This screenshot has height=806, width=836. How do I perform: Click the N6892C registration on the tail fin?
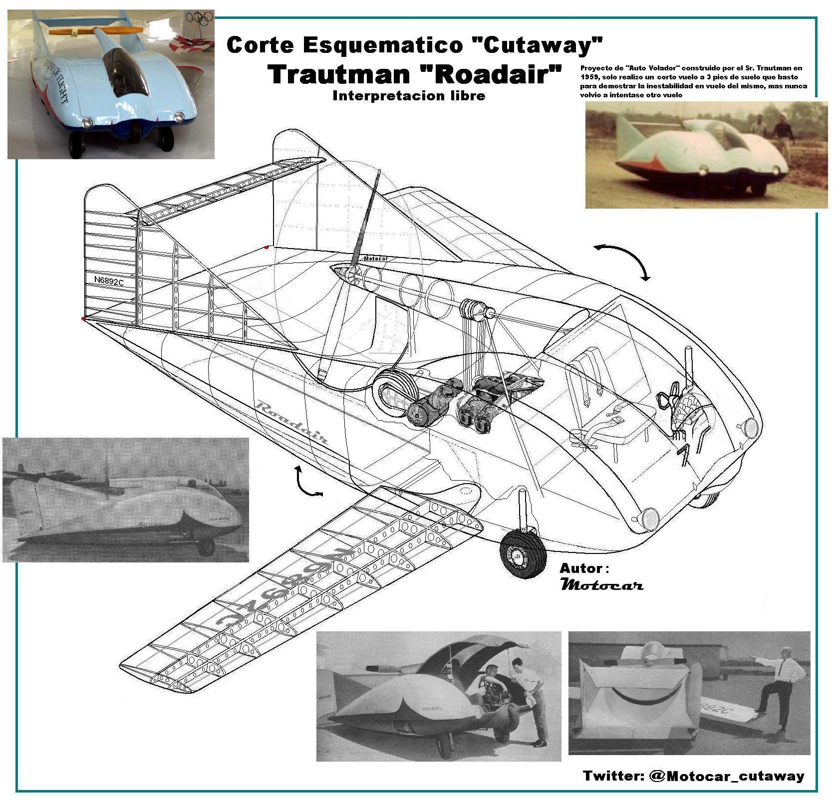(109, 281)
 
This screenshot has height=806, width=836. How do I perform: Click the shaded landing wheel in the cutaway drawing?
(523, 554)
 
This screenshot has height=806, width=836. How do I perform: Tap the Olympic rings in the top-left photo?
(200, 18)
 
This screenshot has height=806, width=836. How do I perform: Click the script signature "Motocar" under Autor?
(601, 585)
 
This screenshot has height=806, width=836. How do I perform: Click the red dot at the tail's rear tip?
(83, 318)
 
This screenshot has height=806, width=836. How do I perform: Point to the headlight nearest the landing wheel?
(649, 519)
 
